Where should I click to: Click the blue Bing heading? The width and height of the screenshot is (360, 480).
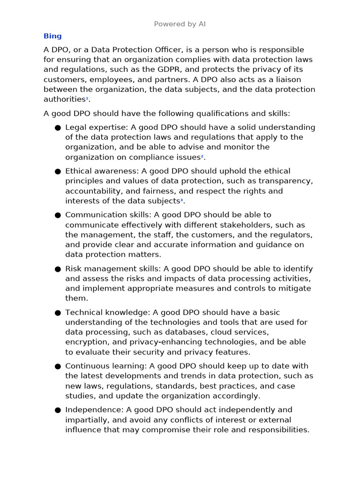point(52,36)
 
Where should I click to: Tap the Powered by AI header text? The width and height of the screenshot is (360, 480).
point(180,24)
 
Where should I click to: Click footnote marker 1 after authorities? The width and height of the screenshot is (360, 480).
point(87,98)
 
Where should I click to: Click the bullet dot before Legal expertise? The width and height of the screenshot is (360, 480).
point(58,128)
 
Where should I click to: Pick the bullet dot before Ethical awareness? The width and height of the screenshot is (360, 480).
point(58,172)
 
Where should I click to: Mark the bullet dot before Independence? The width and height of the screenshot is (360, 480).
point(58,410)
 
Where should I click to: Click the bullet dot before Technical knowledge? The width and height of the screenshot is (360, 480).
point(58,313)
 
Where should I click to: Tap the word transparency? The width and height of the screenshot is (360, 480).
point(286,181)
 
